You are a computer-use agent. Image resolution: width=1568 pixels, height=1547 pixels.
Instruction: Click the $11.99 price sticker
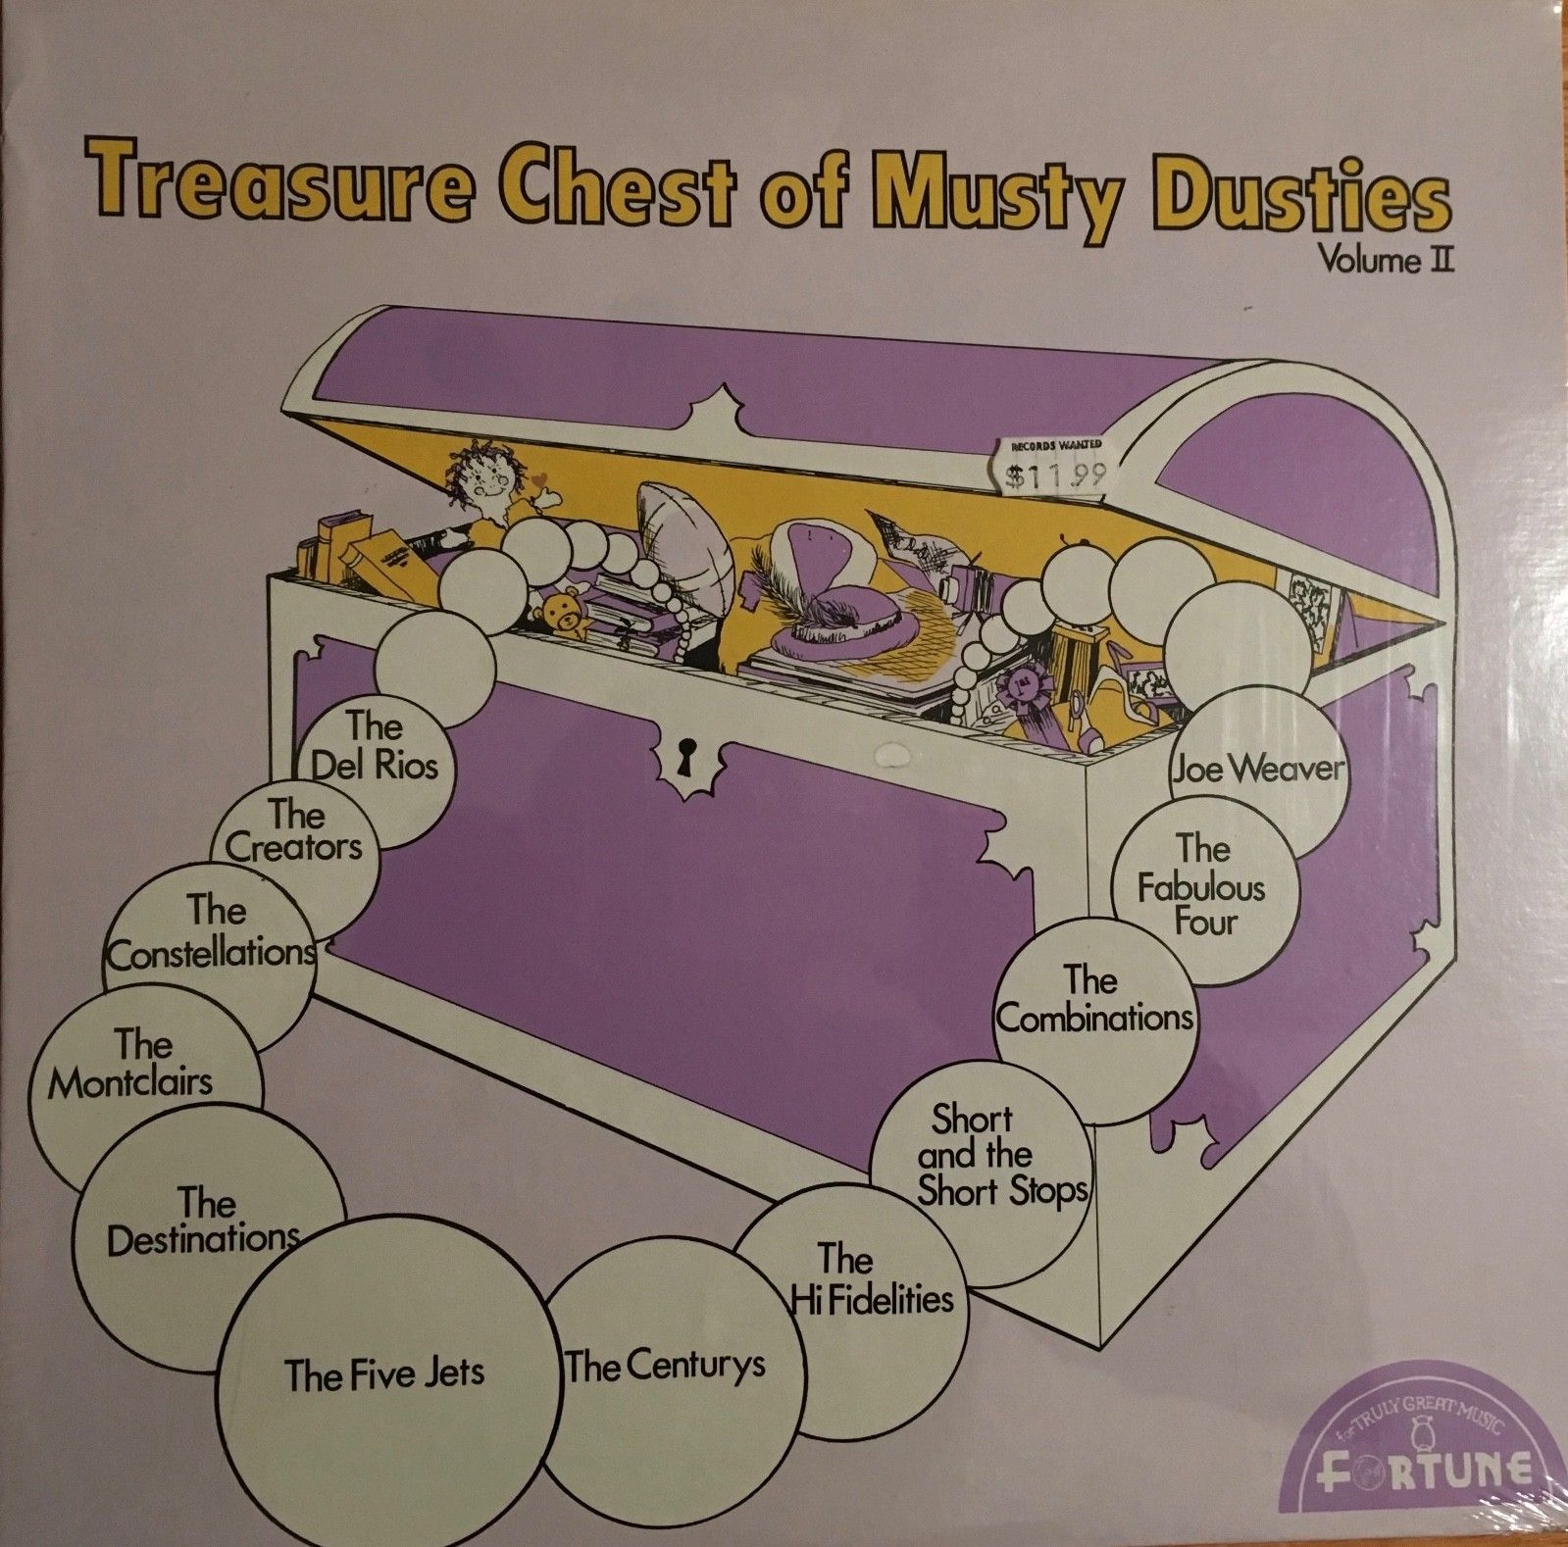(1058, 466)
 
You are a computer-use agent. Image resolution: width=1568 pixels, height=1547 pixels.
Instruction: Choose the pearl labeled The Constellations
(211, 951)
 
